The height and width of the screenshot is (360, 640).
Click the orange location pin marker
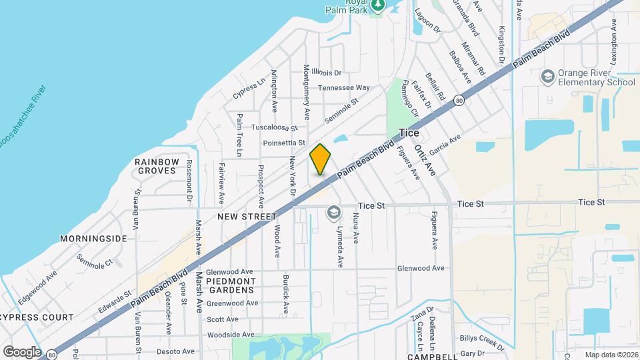point(321,159)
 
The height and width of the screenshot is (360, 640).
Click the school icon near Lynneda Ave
point(333,213)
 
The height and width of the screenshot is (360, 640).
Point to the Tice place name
point(409,133)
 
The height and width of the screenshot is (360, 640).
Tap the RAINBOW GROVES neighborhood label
point(157,166)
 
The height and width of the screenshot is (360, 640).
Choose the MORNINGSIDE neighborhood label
point(93,238)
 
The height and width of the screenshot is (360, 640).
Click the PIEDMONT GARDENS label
point(231,285)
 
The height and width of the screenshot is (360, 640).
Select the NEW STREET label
point(247,217)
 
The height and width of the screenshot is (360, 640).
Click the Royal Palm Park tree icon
point(379,5)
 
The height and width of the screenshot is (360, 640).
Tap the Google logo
point(22,351)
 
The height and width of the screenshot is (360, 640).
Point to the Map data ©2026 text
point(611,355)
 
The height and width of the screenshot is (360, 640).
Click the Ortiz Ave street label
point(424,160)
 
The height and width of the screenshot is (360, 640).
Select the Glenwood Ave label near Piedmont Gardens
point(229,272)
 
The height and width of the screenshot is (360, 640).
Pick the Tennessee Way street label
point(343,87)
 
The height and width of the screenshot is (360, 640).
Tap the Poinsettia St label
point(283,143)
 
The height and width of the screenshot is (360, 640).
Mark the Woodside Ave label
point(230,335)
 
